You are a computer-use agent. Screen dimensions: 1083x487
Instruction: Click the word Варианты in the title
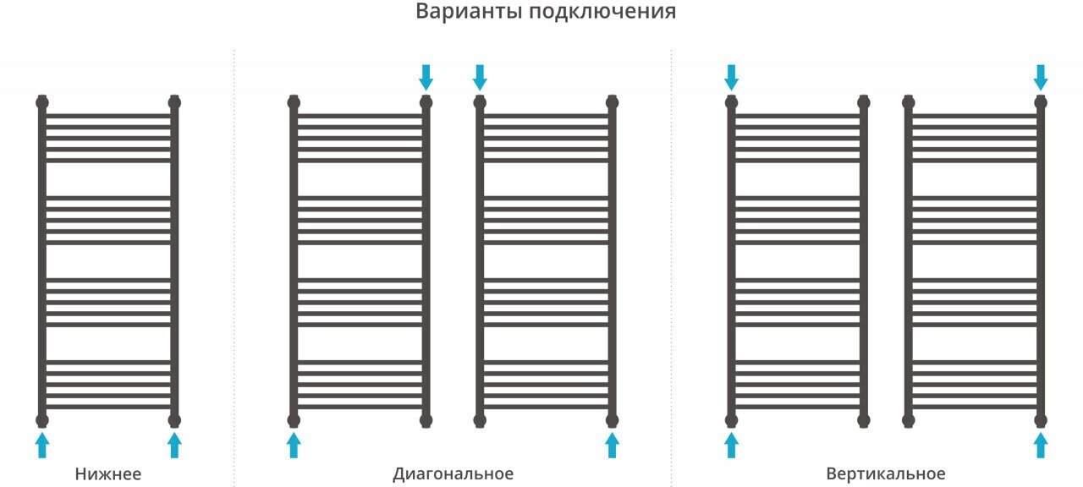point(466,13)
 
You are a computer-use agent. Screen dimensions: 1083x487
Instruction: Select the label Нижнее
point(108,473)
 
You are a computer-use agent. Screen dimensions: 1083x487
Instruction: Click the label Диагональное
point(453,473)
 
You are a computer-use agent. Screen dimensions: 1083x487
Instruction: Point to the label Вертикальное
point(886,473)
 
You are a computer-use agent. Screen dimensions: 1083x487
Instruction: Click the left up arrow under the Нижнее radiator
point(42,445)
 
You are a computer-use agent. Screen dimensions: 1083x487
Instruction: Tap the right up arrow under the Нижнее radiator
point(174,445)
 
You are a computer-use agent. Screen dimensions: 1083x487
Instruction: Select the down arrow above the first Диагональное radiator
point(426,77)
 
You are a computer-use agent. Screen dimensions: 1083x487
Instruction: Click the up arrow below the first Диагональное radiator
point(294,445)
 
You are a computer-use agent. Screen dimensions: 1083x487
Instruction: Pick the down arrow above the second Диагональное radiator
point(480,77)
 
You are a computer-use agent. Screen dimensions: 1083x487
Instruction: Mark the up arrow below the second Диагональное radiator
point(612,445)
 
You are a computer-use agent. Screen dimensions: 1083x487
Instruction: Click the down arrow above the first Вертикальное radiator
point(731,77)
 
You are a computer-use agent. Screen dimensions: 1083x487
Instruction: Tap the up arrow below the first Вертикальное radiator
point(731,445)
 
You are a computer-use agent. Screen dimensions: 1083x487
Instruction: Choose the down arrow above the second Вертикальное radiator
point(1041,77)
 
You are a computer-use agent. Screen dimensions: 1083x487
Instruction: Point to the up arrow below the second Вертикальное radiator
point(1041,445)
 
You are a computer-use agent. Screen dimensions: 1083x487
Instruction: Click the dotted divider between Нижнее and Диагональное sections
point(234,254)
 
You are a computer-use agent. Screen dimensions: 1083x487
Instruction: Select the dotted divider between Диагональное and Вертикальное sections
point(671,254)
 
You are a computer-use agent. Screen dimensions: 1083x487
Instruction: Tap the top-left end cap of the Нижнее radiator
point(42,102)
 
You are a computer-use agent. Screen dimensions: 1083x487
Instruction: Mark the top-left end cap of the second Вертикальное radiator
point(909,102)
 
